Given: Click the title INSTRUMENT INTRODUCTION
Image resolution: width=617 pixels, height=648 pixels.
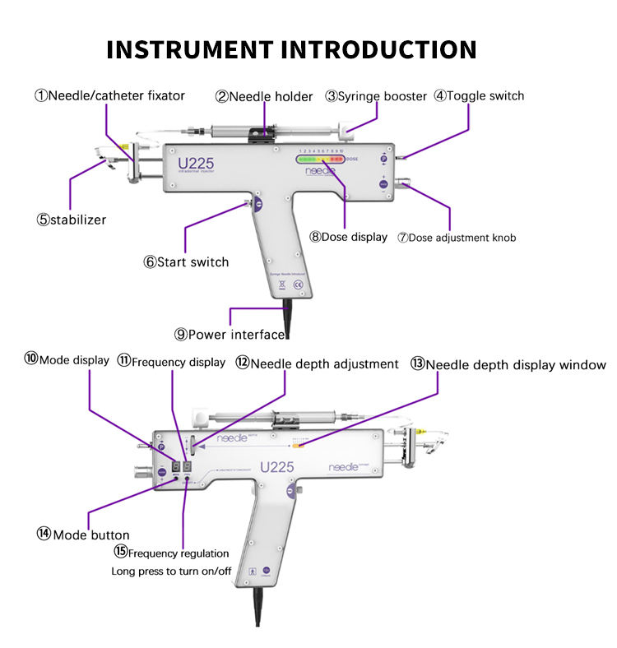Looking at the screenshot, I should tap(292, 49).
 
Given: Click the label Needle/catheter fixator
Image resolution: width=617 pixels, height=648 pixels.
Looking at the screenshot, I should tap(109, 95).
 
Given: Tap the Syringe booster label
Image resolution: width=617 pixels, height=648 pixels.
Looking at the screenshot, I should tap(376, 96).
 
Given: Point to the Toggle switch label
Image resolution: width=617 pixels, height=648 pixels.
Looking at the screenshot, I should tap(479, 95).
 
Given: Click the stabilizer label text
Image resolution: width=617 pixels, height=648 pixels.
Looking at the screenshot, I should tap(71, 220).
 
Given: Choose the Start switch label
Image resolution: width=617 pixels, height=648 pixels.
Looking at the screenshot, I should tap(186, 262).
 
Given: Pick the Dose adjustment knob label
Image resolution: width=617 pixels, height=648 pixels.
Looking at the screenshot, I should tap(457, 238).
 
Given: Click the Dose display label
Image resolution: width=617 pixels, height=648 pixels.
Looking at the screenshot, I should tap(348, 237).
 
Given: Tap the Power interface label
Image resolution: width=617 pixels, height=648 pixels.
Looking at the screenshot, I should tap(230, 334).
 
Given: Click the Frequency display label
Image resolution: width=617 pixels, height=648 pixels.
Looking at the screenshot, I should tap(170, 361).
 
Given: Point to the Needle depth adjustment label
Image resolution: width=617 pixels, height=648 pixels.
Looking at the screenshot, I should tap(317, 363).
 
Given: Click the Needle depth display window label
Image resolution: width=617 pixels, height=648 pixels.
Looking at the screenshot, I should tap(508, 364).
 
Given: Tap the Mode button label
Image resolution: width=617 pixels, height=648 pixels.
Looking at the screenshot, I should tap(83, 535).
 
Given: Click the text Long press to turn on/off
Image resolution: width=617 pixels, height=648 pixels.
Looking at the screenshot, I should tap(171, 571).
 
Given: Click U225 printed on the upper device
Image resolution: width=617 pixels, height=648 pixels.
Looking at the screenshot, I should tap(196, 163).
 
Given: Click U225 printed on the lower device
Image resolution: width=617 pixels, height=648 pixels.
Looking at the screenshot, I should tap(276, 467).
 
